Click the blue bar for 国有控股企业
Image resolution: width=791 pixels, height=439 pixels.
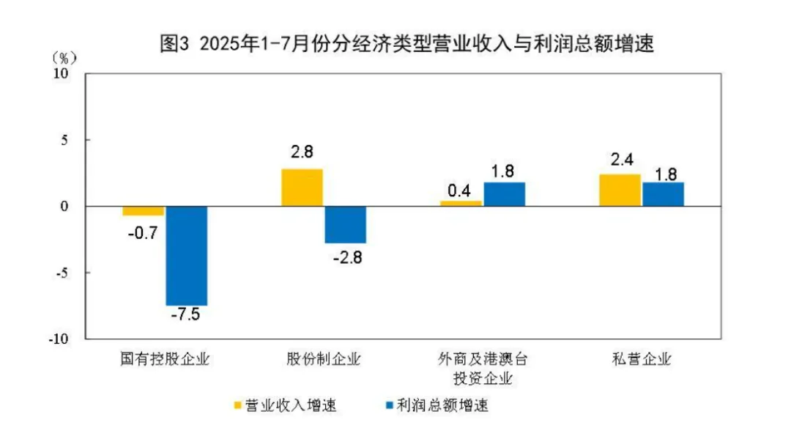[186, 255]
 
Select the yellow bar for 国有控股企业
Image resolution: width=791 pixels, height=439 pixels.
[143, 210]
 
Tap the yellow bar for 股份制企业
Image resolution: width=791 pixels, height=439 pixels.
[302, 188]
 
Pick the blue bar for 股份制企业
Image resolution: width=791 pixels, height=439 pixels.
[346, 224]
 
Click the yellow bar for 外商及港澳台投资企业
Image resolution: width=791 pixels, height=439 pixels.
[461, 203]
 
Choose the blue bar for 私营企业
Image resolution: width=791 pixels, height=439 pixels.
[664, 194]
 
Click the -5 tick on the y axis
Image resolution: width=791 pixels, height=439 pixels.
[62, 273]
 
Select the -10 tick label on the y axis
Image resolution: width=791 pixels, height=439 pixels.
[59, 339]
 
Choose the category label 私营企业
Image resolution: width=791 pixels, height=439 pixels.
[642, 359]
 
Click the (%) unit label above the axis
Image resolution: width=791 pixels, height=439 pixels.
[64, 57]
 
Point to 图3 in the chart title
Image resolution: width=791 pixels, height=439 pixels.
[175, 44]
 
